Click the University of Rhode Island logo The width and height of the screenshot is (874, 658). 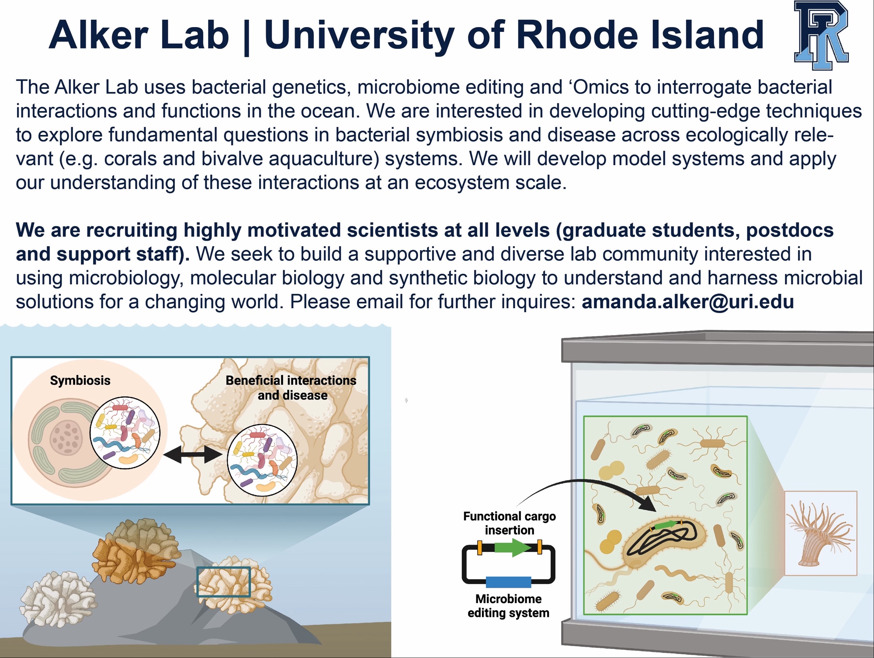821,35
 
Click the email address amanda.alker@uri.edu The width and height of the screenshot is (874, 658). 687,302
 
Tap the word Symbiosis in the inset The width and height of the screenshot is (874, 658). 80,380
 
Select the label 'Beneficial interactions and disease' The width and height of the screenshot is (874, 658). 291,388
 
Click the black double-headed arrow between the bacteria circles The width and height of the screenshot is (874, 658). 193,455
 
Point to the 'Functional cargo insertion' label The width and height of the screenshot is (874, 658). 510,523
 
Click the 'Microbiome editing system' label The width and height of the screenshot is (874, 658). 508,606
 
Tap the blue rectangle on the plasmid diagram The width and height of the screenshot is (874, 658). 509,582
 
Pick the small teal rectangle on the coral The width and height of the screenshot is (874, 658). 224,582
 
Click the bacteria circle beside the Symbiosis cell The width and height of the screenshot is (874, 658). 125,433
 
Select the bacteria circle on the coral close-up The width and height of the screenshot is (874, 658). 262,460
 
